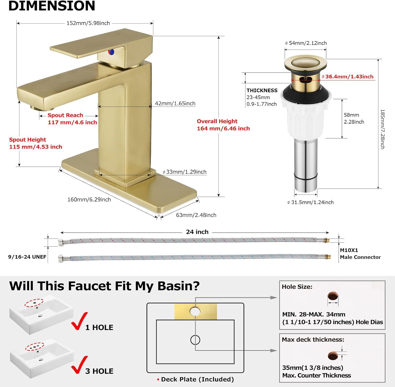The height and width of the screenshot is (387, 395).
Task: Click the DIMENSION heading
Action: point(52,6)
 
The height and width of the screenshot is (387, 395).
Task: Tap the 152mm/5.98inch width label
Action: point(88,23)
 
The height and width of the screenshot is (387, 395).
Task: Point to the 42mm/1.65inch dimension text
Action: point(175,104)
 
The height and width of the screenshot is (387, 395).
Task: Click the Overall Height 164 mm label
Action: point(223,125)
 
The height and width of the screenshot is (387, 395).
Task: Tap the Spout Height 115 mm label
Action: point(36,143)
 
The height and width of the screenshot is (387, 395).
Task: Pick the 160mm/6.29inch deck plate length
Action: point(89,200)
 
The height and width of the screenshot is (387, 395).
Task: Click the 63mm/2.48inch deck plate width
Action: point(196,215)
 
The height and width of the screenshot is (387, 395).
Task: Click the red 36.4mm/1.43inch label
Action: point(349,77)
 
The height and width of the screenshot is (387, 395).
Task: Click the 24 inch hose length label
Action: point(197,232)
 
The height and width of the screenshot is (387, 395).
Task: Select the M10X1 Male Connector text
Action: point(360,254)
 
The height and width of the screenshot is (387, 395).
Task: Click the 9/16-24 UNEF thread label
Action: point(27,257)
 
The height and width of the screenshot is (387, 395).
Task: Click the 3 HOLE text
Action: point(99,371)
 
